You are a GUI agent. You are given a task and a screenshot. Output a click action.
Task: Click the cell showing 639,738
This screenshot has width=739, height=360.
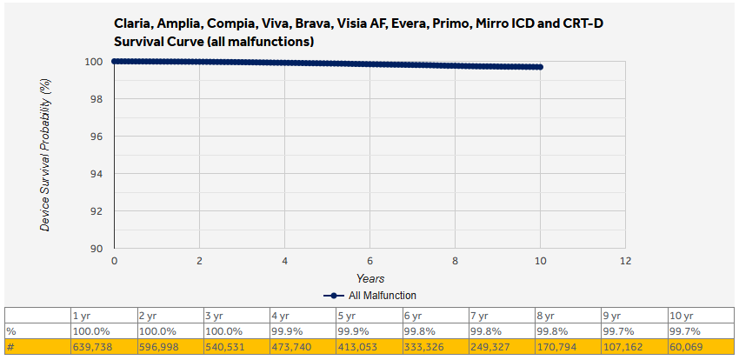click(95, 347)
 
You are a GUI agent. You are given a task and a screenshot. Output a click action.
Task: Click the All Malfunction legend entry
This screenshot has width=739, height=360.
click(369, 296)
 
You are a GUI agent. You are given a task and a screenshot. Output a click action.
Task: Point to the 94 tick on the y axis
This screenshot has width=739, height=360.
click(96, 174)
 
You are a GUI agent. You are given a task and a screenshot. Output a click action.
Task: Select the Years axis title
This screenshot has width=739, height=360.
click(369, 278)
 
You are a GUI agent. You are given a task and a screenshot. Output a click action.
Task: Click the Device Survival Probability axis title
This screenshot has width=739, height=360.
click(45, 154)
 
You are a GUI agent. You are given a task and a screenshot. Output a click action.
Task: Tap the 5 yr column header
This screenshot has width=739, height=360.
click(350, 316)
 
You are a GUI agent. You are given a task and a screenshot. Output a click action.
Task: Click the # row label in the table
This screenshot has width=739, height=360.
click(10, 347)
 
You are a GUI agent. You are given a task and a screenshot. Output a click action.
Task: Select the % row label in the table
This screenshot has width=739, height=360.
click(10, 331)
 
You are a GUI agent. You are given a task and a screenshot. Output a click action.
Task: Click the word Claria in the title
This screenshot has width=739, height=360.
click(134, 23)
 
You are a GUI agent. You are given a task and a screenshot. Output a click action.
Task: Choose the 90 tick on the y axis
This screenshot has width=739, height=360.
click(96, 249)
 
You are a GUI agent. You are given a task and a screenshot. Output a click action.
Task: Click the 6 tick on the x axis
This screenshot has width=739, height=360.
click(369, 261)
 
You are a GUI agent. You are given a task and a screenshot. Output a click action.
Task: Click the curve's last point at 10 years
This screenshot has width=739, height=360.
click(540, 67)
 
